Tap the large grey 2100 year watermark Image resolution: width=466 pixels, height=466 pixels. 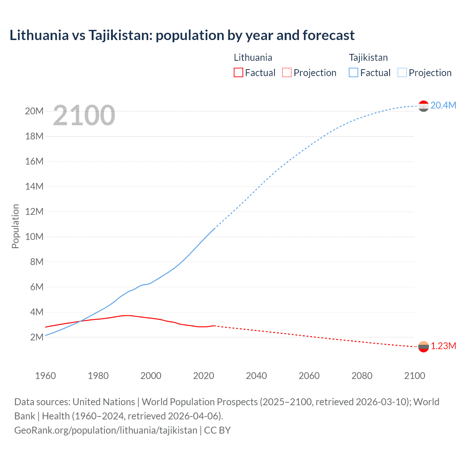coord(84,115)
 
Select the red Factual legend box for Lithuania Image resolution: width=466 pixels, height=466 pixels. coord(238,72)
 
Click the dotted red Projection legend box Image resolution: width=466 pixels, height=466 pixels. coord(287,72)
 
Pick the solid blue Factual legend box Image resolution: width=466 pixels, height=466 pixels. coord(354,72)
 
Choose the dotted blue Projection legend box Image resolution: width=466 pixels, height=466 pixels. coord(402,72)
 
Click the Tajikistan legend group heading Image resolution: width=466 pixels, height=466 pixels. coord(368,58)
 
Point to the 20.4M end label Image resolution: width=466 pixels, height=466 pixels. coord(443,105)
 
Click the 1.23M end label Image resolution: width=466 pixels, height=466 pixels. coord(443,346)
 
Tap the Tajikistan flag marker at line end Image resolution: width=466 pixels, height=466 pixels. coord(423,106)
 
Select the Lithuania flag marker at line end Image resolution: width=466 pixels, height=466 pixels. coord(423,347)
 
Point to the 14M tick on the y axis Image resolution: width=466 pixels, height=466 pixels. coord(34,186)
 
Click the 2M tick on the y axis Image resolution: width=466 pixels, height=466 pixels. coord(37,337)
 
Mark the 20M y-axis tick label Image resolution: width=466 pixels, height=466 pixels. coord(34,111)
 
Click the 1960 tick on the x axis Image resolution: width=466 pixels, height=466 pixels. coord(46,376)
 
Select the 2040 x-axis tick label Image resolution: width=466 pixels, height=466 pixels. coord(256,376)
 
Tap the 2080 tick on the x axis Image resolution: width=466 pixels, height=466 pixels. coord(362,376)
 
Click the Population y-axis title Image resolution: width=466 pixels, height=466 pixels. coord(15,226)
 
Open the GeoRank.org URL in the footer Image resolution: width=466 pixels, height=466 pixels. coord(106,430)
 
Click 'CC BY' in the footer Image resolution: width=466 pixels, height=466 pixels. coord(217,430)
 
